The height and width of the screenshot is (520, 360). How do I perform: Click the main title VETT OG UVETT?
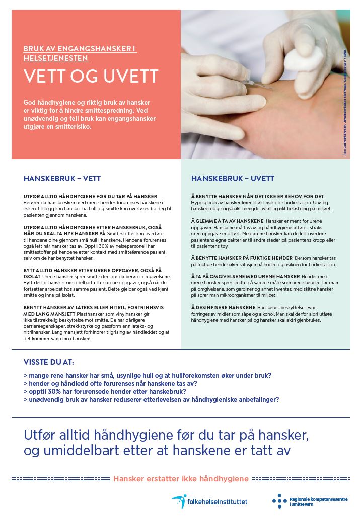point(91,77)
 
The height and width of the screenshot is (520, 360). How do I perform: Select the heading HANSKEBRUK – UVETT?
point(233,178)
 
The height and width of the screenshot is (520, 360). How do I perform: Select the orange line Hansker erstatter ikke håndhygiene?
point(181,478)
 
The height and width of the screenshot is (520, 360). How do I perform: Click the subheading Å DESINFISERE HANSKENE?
point(224,307)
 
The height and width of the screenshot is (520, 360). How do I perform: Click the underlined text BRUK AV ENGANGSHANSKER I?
point(80,49)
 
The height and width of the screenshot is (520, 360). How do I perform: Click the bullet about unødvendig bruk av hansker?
point(151,399)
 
